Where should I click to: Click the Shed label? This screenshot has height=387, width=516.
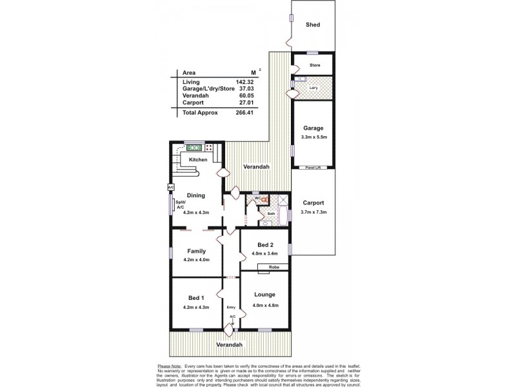coord(312,25)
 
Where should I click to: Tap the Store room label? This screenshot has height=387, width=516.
coord(315,64)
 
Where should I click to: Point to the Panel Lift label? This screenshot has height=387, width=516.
coord(314,168)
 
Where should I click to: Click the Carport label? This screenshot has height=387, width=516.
coord(314,203)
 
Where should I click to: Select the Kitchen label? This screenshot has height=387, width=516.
coord(197,159)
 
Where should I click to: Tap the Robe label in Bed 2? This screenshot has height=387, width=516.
coord(273,266)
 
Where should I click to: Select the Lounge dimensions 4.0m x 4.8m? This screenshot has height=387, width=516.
coord(265,305)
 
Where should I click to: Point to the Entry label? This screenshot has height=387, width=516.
coord(232,308)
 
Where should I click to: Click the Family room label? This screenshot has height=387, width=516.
coord(196,250)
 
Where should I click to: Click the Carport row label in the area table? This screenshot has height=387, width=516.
coord(193,102)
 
